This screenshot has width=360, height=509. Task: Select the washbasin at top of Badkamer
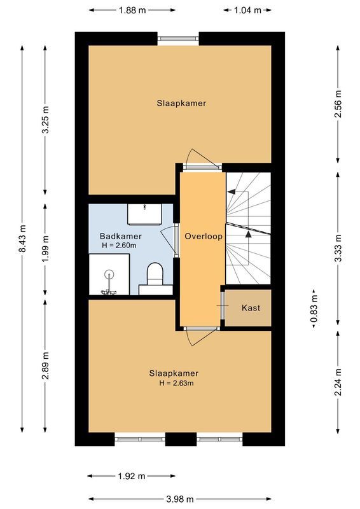146,214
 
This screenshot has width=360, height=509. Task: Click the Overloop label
203,236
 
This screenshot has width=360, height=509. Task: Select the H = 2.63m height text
174,383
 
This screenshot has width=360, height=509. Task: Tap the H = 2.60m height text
118,246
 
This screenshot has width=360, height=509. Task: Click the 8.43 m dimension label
22,239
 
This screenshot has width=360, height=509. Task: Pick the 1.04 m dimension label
248,10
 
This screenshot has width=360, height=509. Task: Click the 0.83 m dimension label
314,308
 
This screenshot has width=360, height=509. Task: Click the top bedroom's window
178,38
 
